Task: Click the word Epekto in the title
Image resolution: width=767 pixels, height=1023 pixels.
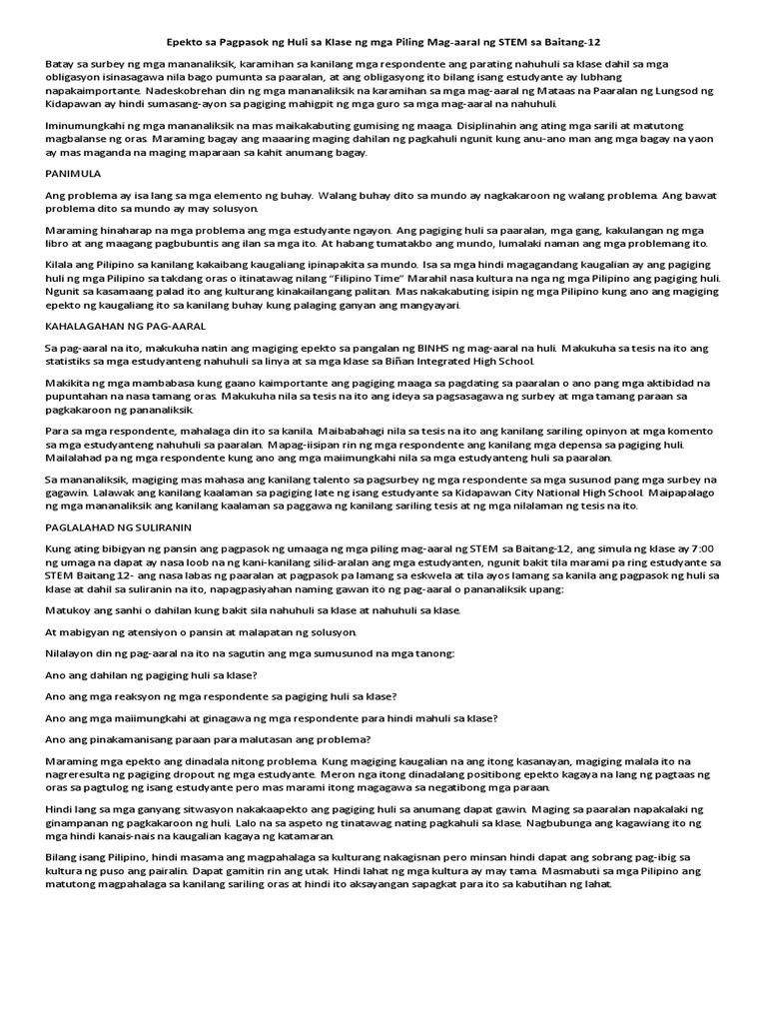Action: click(185, 44)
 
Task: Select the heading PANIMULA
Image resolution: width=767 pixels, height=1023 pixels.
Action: click(75, 173)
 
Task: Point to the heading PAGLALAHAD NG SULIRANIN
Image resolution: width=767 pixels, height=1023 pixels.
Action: click(119, 525)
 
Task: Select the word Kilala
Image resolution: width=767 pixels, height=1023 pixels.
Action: click(62, 263)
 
